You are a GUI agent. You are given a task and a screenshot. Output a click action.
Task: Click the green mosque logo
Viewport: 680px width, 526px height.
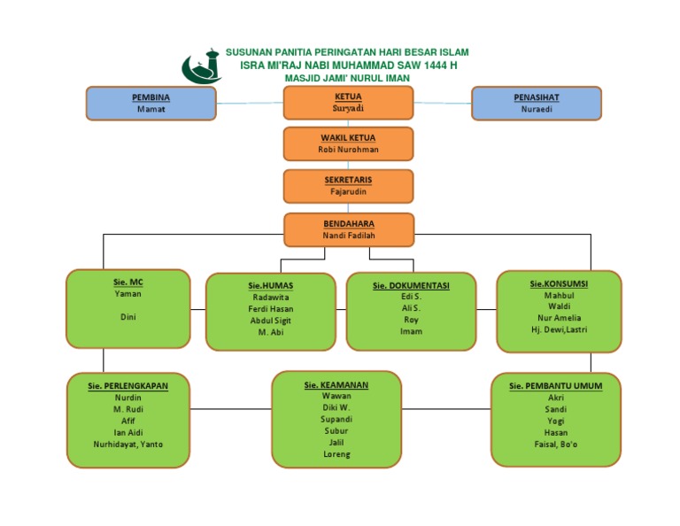pyautogui.click(x=202, y=66)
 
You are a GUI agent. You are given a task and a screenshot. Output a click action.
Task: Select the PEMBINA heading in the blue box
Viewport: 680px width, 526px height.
pyautogui.click(x=151, y=97)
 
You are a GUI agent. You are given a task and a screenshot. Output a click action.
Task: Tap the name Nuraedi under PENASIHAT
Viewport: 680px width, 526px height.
pyautogui.click(x=537, y=109)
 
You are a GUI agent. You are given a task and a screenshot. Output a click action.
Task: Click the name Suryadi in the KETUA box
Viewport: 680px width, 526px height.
pyautogui.click(x=348, y=108)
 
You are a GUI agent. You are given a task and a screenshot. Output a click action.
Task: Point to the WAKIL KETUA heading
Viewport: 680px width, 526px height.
pyautogui.click(x=348, y=138)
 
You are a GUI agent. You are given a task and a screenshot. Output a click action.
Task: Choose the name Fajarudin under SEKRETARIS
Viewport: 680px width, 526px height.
pyautogui.click(x=348, y=191)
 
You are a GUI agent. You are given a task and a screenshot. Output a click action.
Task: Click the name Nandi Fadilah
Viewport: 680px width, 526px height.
pyautogui.click(x=348, y=236)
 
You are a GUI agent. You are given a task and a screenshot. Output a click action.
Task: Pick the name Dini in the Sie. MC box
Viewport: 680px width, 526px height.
pyautogui.click(x=127, y=316)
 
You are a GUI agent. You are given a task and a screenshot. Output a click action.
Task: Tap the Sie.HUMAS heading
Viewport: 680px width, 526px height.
pyautogui.click(x=270, y=286)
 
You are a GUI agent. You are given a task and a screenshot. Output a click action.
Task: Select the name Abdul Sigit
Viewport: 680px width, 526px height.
pyautogui.click(x=270, y=321)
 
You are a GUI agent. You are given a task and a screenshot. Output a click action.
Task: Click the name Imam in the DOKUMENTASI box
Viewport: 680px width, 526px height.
pyautogui.click(x=411, y=331)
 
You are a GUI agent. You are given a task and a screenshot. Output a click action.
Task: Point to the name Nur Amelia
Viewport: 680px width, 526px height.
pyautogui.click(x=559, y=318)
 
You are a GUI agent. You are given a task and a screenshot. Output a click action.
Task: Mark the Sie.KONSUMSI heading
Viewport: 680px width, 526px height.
pyautogui.click(x=559, y=283)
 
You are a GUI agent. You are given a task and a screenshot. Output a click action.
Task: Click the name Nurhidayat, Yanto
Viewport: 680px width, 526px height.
pyautogui.click(x=127, y=444)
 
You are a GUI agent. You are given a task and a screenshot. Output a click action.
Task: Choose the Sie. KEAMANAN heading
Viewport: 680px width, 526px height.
pyautogui.click(x=336, y=385)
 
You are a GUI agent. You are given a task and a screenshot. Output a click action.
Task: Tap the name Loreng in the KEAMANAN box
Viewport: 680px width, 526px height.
pyautogui.click(x=336, y=454)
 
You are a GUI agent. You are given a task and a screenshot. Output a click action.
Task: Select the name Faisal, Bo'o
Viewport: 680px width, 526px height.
pyautogui.click(x=556, y=444)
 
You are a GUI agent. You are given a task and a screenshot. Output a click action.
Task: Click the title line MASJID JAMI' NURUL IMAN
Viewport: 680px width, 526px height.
pyautogui.click(x=347, y=78)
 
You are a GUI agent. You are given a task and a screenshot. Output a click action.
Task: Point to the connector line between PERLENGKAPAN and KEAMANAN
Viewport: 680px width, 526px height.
pyautogui.click(x=230, y=409)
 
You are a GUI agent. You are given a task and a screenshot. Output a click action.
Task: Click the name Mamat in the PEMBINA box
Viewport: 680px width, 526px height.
pyautogui.click(x=151, y=109)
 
